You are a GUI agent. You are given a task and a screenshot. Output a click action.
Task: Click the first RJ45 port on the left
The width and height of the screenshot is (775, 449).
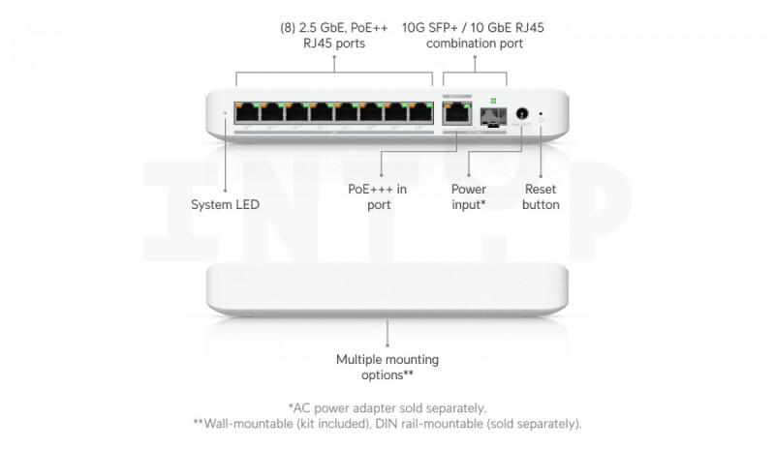coord(247,112)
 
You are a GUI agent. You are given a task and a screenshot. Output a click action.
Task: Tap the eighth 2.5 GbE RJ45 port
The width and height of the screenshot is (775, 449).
coord(421,112)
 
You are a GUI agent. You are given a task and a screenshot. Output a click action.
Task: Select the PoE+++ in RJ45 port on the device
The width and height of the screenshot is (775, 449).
coord(457,113)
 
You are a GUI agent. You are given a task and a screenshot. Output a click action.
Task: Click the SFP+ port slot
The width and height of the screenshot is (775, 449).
coord(493,117)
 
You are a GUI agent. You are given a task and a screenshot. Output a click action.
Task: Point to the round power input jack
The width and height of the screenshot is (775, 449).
coord(522,114)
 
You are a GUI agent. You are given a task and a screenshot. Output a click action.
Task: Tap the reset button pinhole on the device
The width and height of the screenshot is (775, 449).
coord(541,113)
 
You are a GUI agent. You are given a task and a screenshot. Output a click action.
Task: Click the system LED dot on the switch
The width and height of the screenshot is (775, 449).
coord(226,113)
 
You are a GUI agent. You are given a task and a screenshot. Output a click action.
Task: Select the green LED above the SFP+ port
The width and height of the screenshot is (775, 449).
coord(493,101)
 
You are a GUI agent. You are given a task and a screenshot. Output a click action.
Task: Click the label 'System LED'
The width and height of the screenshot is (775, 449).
coord(226,204)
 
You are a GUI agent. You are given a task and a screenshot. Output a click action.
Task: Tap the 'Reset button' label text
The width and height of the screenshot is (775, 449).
coord(541,196)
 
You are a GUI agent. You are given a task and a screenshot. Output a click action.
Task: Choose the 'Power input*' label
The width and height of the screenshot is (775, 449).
coord(469,196)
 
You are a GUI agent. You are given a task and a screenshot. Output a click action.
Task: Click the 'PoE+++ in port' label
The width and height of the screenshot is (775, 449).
coord(378,196)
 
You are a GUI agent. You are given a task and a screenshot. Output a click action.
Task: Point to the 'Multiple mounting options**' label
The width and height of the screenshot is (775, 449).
coord(387,367)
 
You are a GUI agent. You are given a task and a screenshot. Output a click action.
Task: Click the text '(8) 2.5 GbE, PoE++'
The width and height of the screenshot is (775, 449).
coord(334,28)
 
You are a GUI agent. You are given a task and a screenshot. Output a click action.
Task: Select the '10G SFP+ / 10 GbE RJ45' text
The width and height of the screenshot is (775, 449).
coord(473,28)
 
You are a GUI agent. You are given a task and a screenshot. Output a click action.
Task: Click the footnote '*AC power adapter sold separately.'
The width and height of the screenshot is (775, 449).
coord(387,408)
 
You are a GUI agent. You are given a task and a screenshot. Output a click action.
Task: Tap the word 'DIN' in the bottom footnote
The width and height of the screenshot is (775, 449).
coord(387,424)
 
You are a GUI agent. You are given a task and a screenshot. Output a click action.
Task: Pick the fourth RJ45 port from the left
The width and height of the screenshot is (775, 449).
coord(322,112)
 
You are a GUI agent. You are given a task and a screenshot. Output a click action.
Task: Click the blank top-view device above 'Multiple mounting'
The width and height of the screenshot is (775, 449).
coord(387,289)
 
